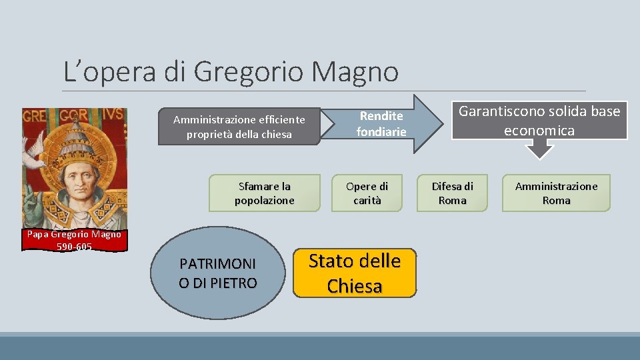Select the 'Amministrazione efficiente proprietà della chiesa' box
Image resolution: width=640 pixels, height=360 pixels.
pos(239,127)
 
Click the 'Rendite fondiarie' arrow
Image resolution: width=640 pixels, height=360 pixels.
pos(382,125)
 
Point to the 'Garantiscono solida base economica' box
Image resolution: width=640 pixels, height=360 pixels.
pos(539,120)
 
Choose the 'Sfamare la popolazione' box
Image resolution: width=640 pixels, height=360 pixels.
pos(264,193)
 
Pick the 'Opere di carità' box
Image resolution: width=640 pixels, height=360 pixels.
pos(367,193)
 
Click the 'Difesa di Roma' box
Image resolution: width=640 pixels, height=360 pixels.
pos(452,193)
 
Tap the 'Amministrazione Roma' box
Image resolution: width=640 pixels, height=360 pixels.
pos(556,193)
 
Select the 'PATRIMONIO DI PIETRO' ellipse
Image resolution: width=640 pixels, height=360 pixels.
pos(217,274)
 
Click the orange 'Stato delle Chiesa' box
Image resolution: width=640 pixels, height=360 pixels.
pos(355,273)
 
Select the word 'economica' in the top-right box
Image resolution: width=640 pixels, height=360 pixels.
pos(539,130)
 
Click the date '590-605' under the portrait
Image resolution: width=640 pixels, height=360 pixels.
pos(74,246)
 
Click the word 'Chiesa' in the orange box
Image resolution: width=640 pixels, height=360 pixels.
pos(355,286)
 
